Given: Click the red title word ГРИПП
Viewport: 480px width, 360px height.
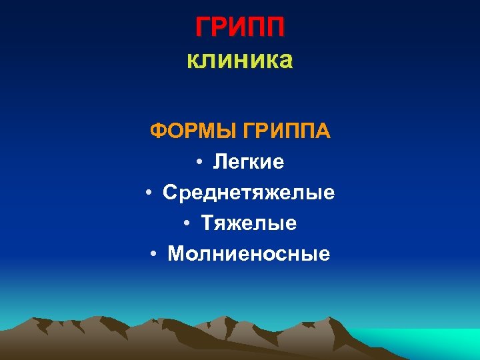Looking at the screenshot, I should (x=240, y=28).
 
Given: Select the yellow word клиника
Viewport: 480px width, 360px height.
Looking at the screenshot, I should (x=240, y=61).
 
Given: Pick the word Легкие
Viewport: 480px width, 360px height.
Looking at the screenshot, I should (x=249, y=162).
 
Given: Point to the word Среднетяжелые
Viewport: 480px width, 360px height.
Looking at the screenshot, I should (x=249, y=193).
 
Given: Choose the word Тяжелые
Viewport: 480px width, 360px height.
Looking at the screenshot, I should (x=249, y=223).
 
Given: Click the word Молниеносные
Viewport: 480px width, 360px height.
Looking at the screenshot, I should (x=249, y=253).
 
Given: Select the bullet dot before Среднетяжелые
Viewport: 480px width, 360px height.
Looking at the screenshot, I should (x=150, y=194).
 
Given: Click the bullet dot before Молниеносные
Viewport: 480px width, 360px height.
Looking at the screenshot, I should (x=154, y=254).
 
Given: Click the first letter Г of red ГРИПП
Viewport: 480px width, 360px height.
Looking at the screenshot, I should (x=203, y=28).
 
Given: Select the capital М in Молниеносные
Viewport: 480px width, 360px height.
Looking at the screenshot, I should (x=176, y=253).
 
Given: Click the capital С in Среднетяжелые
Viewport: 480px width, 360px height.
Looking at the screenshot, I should (x=170, y=193).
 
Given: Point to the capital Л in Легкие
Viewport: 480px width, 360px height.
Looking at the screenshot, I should (x=220, y=162).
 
